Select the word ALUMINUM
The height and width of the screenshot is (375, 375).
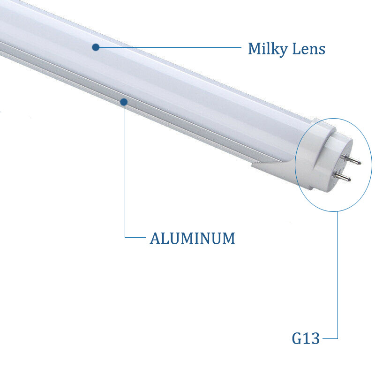[192, 238]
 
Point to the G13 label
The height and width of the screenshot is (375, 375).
[306, 338]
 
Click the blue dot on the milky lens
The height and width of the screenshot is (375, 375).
[96, 47]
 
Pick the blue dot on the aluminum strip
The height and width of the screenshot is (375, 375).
[124, 101]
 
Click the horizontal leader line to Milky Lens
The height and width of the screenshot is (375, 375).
[169, 47]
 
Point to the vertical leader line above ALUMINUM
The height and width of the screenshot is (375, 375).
[125, 169]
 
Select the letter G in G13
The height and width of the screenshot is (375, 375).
[297, 338]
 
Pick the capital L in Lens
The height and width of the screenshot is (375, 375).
[297, 48]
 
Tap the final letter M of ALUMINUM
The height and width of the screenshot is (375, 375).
[228, 238]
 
